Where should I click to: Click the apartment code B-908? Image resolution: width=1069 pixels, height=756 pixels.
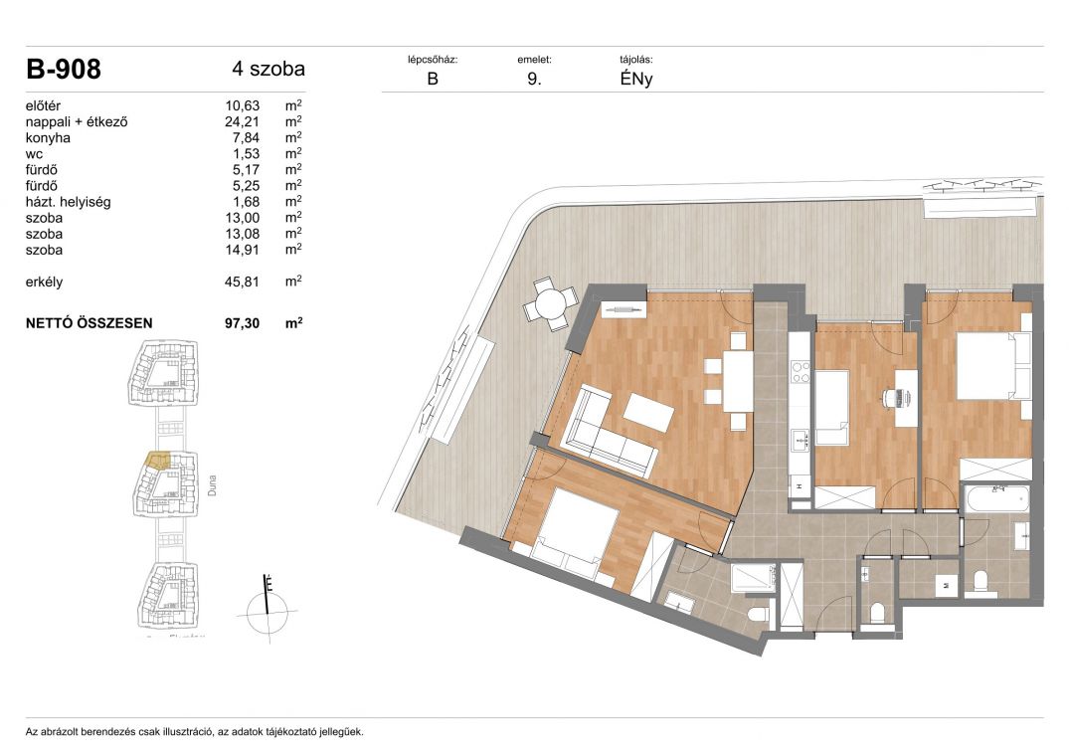(x=64, y=69)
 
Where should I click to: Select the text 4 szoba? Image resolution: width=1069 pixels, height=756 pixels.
(x=268, y=69)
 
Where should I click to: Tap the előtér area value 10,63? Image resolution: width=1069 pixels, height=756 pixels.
(x=242, y=105)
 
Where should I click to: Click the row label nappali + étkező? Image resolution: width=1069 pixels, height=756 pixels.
(x=77, y=122)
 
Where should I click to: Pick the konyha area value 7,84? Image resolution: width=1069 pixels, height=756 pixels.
(x=246, y=137)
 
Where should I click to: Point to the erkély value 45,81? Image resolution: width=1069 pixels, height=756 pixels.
(x=242, y=282)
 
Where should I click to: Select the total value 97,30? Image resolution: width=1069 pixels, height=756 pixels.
(x=242, y=323)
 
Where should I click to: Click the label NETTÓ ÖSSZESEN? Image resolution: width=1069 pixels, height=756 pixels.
(x=89, y=323)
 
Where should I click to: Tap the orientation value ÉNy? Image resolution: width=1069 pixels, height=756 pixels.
(x=636, y=79)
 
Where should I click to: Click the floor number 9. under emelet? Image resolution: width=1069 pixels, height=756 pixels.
(x=535, y=79)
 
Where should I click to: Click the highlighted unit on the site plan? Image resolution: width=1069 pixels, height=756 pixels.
(x=158, y=462)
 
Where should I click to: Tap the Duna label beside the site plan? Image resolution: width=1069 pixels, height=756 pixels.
(x=212, y=485)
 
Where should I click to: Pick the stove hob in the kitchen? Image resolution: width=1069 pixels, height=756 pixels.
(x=800, y=372)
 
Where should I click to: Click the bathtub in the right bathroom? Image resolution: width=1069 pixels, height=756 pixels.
(x=996, y=500)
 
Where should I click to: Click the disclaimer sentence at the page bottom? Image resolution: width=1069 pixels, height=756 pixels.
(x=194, y=732)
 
